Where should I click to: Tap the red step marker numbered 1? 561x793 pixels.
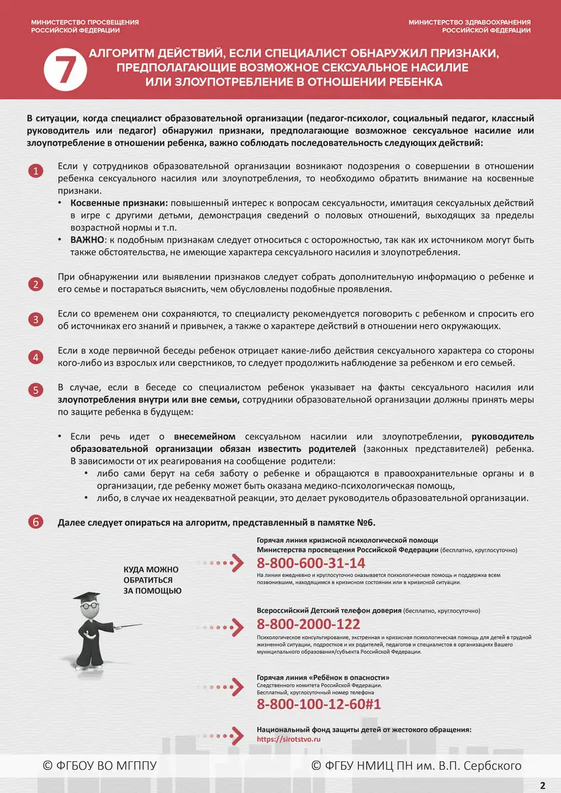36,172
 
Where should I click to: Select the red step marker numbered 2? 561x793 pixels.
36,284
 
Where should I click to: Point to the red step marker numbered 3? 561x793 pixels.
36,320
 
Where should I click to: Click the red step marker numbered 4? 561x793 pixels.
36,357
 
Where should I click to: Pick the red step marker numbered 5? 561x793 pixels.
36,390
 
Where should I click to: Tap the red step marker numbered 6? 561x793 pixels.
36,522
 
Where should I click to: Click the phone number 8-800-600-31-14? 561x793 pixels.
311,563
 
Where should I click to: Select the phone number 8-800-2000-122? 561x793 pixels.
308,624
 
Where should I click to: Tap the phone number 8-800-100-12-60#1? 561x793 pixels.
318,704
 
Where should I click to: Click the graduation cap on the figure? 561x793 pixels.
87,596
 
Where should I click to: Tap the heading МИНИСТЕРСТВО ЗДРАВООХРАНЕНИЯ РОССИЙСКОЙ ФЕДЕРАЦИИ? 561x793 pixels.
468,26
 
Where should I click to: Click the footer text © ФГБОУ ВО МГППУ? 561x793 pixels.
99,765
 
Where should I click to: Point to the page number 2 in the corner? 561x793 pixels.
542,785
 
